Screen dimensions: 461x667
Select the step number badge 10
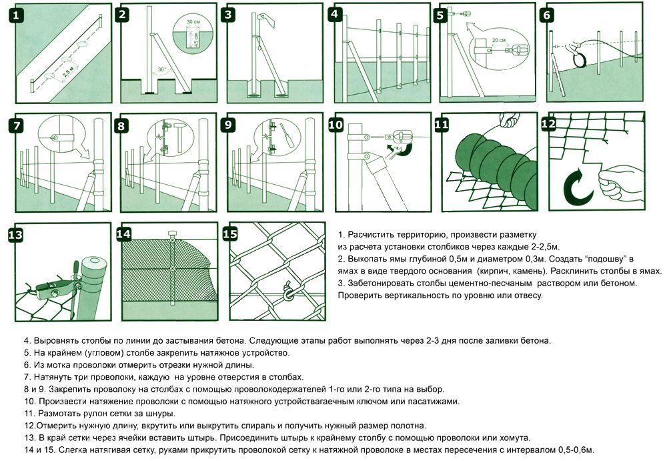click(x=336, y=124)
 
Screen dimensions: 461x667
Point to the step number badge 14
click(x=123, y=234)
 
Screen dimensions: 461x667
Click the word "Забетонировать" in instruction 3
click(x=377, y=283)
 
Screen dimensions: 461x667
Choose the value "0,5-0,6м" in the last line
click(x=573, y=450)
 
